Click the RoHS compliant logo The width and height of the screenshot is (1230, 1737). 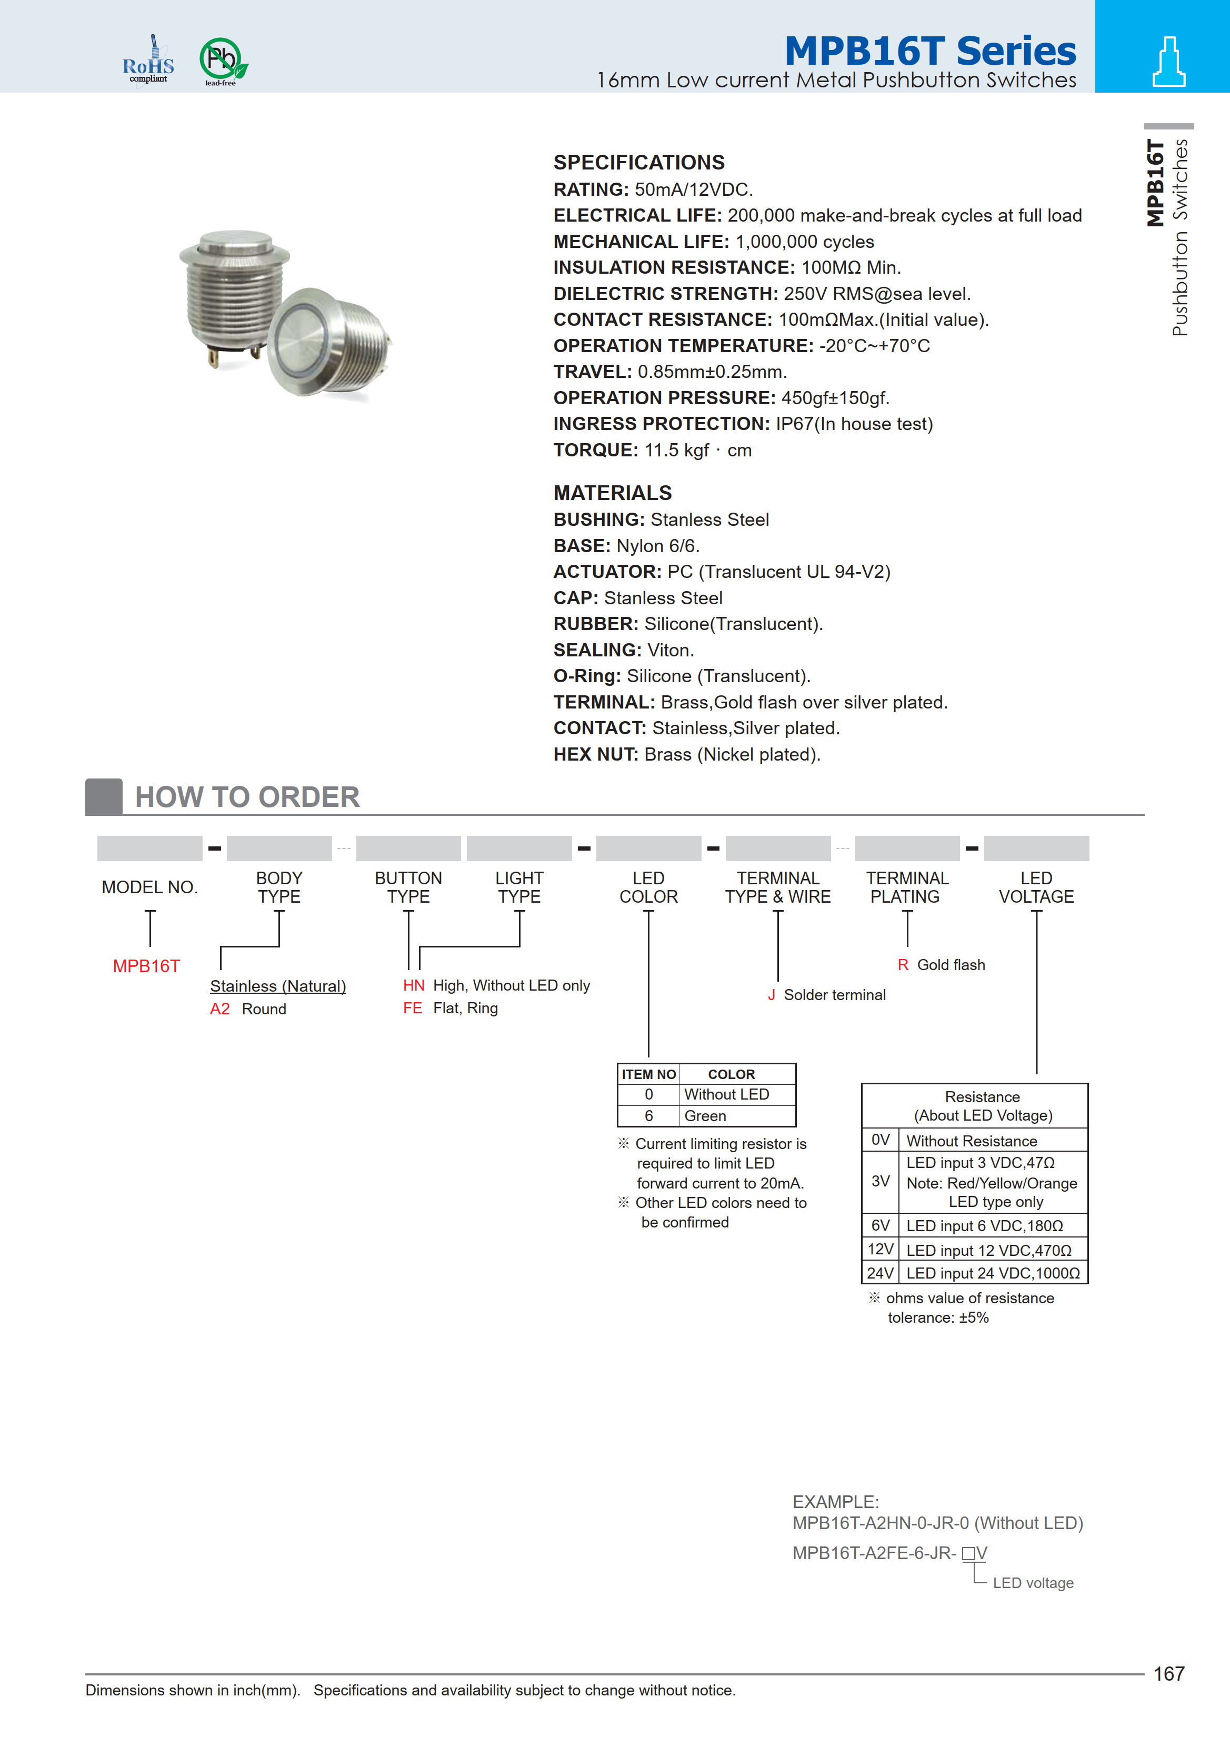(148, 62)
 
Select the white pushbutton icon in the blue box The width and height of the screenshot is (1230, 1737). (1168, 62)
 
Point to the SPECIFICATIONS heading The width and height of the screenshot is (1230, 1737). (638, 163)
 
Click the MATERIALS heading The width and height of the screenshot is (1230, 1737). (612, 493)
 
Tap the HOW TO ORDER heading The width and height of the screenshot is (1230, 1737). (247, 797)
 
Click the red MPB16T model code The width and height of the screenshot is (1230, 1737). (146, 966)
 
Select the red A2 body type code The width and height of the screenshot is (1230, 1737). (219, 1009)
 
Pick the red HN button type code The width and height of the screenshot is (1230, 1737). (414, 985)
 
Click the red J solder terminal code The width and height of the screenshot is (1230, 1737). (771, 995)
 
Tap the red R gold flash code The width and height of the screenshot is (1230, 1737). (903, 965)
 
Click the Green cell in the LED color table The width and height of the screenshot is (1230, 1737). (705, 1116)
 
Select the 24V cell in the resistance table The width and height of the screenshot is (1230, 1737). (880, 1273)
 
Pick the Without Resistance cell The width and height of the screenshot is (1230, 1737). (972, 1141)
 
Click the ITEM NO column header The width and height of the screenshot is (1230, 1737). (648, 1074)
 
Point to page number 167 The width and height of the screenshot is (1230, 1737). (1168, 1673)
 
